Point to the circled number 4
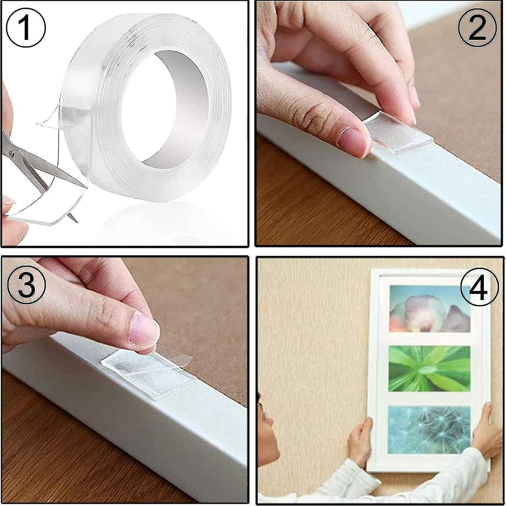click(x=479, y=287)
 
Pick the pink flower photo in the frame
click(x=430, y=308)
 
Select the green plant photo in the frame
click(x=430, y=368)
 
